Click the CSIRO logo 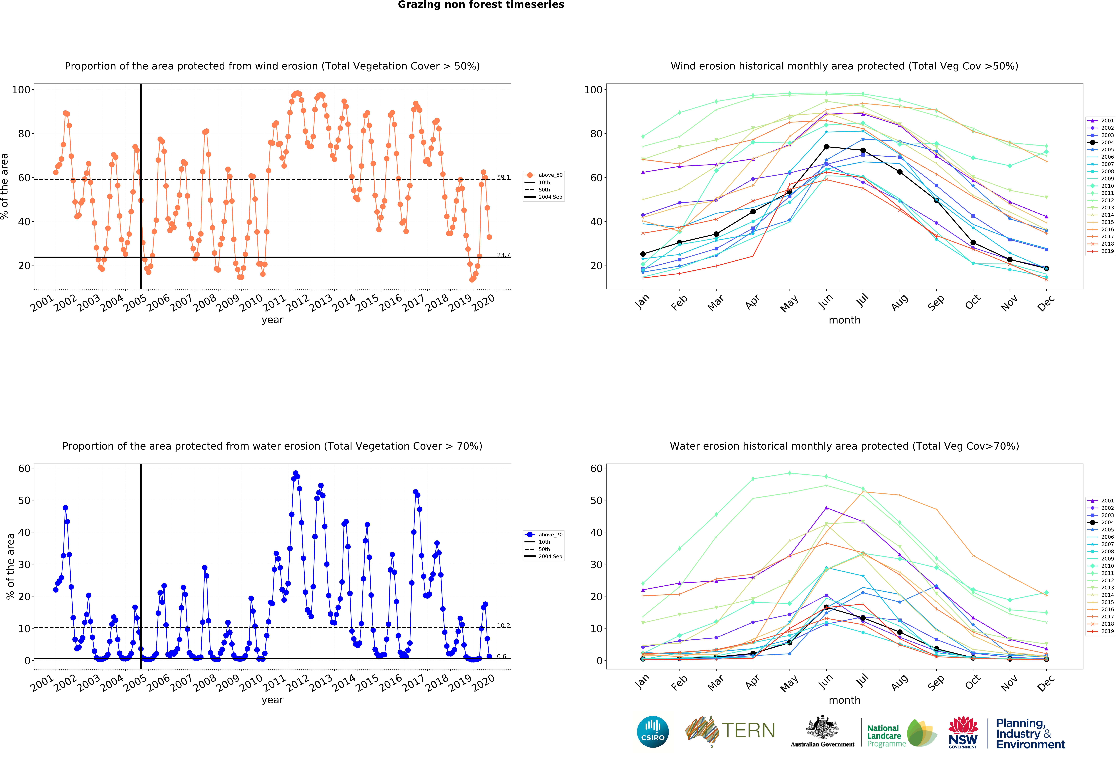click(x=653, y=732)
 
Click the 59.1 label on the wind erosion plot click(x=503, y=177)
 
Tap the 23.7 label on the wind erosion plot click(x=503, y=255)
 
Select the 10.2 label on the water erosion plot click(x=503, y=626)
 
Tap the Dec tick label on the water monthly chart click(x=1045, y=682)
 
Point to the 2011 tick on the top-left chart click(x=274, y=303)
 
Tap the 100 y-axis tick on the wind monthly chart click(x=593, y=90)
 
